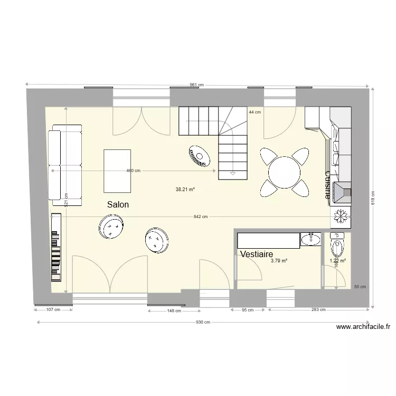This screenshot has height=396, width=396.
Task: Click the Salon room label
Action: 118,204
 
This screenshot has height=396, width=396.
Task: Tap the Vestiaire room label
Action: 259,254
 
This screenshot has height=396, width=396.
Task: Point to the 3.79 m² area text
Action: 279,260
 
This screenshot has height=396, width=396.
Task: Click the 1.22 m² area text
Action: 338,260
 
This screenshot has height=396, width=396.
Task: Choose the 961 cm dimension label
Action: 197,85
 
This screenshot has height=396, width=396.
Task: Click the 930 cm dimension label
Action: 203,322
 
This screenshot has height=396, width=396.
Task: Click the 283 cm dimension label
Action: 318,310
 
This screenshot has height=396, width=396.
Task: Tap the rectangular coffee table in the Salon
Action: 117,171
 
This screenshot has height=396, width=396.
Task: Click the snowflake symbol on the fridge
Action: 341,215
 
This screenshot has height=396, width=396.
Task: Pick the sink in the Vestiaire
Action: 310,241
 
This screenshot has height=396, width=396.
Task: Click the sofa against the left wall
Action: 65,165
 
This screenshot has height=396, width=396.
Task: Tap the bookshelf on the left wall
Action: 56,248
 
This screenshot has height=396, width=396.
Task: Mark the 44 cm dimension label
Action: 255,112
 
